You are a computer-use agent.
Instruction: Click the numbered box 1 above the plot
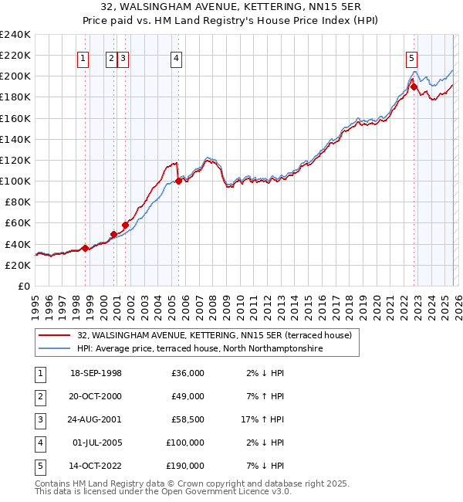[x=83, y=57]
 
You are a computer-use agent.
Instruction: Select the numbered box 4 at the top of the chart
[x=177, y=57]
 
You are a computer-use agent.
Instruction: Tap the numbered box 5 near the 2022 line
[x=411, y=57]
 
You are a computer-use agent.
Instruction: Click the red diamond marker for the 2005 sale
[x=178, y=181]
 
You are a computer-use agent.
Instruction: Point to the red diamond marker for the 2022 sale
[x=414, y=86]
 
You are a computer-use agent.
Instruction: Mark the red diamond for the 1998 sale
[x=85, y=248]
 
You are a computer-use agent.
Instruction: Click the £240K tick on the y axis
[x=15, y=35]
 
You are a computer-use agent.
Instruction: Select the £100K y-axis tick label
[x=15, y=181]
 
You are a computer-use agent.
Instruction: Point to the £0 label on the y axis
[x=23, y=286]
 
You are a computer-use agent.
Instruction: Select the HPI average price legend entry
[x=199, y=349]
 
